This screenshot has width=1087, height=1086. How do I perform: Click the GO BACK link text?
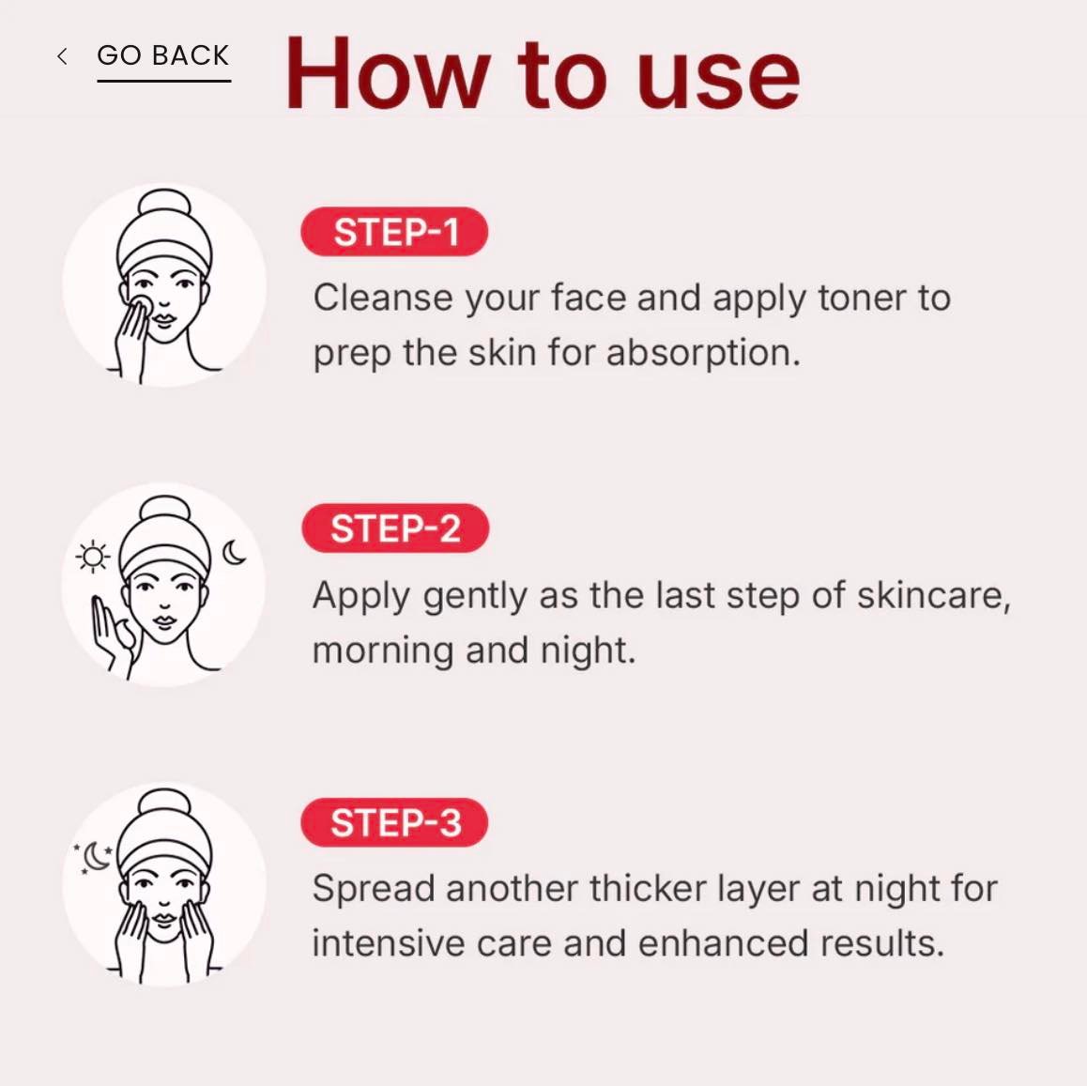pos(163,55)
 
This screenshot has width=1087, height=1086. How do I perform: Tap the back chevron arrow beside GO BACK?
pos(62,56)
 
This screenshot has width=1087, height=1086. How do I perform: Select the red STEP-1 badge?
pos(394,232)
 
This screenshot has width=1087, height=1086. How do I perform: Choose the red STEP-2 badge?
pos(395,528)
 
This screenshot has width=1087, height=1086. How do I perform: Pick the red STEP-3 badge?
pos(394,822)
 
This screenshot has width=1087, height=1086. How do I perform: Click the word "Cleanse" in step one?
pos(383,298)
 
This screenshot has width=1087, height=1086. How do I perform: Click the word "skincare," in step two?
pos(934,595)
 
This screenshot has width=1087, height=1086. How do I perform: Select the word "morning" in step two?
pos(383,650)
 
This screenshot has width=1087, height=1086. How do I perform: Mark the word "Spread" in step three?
pos(373,889)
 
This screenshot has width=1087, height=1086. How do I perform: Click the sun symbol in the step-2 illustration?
pos(93,557)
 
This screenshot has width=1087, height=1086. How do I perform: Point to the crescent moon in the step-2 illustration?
pos(234,552)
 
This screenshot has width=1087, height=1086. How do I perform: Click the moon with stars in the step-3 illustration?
pos(95,857)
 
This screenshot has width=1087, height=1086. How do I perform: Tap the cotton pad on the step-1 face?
pos(142,306)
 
